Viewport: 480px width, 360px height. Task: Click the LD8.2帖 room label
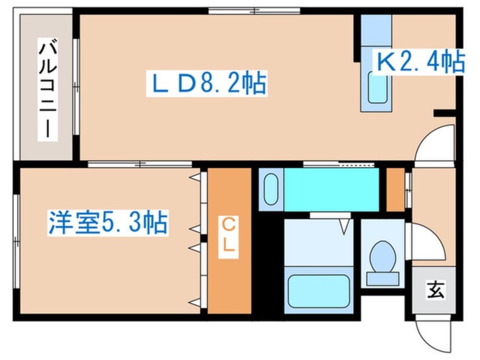point(207,85)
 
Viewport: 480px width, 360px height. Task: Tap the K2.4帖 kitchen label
point(419,61)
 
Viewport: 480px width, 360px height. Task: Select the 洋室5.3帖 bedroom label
point(107,222)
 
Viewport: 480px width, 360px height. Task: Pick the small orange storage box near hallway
point(395,189)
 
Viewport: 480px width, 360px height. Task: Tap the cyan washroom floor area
point(331,189)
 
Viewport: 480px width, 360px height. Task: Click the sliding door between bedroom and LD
point(140,164)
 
